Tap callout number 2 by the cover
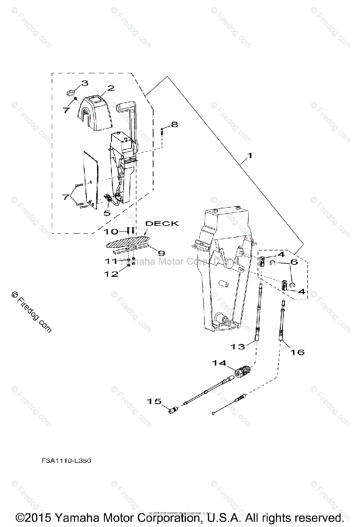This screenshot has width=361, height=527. coord(111,88)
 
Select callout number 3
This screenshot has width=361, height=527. coord(85,83)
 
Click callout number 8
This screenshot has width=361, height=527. coord(175,124)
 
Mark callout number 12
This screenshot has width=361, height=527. coord(111,274)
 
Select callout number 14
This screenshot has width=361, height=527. coord(219,363)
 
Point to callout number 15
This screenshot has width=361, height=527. coord(154,401)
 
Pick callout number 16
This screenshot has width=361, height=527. coord(297,352)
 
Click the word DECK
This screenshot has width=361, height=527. coord(162,224)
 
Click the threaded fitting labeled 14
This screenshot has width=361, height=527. coord(242,372)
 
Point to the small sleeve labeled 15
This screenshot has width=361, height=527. coord(173,411)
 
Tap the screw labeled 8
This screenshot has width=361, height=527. coord(163,131)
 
